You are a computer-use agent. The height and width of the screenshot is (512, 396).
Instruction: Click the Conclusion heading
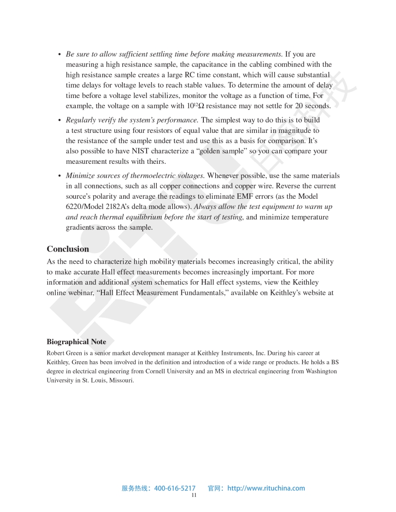(x=68, y=249)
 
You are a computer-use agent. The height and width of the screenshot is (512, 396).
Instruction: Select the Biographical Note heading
(x=76, y=342)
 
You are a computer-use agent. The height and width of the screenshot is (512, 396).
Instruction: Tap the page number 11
(x=194, y=496)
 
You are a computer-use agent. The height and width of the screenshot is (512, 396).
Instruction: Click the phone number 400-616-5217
(x=175, y=488)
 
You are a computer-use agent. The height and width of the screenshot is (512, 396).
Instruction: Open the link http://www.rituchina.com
(x=266, y=488)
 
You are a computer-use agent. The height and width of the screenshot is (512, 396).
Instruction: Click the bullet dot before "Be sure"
(x=59, y=54)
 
